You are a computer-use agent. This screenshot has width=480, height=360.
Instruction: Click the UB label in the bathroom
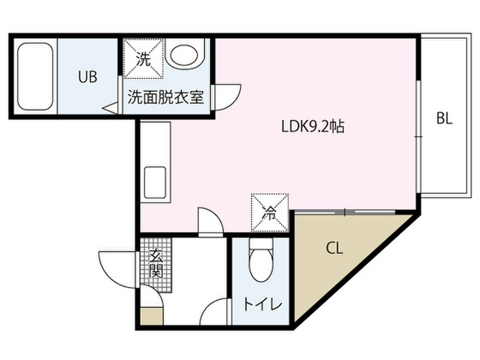coord(88,77)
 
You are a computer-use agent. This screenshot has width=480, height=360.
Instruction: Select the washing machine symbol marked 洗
coord(144,59)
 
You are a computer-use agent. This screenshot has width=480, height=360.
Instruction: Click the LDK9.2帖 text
coord(313,126)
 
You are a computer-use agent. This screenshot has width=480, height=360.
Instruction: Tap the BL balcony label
coord(444,119)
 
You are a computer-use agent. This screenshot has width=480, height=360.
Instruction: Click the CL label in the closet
coord(335,248)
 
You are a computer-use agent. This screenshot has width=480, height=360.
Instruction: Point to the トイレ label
coord(262,305)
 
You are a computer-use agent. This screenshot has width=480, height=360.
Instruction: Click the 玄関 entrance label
coord(156,263)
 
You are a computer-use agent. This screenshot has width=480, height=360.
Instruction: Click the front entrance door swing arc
coord(115,268)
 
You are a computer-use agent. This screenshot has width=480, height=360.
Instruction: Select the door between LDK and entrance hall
coord(210,221)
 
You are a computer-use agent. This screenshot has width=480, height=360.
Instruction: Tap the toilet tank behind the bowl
coord(261,245)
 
